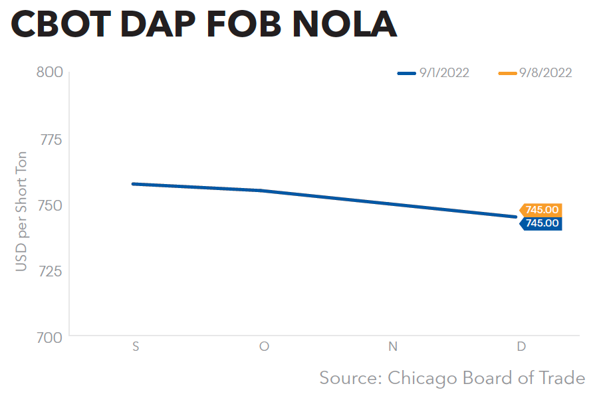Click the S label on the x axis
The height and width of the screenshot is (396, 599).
click(136, 347)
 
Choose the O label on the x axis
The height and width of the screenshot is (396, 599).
click(264, 347)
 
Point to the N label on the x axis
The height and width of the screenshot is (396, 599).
click(392, 347)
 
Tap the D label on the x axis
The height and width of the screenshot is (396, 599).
click(521, 347)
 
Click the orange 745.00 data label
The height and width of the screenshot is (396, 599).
click(542, 210)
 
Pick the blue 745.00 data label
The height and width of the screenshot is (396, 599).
click(542, 223)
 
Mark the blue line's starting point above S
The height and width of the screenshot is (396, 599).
click(133, 183)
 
